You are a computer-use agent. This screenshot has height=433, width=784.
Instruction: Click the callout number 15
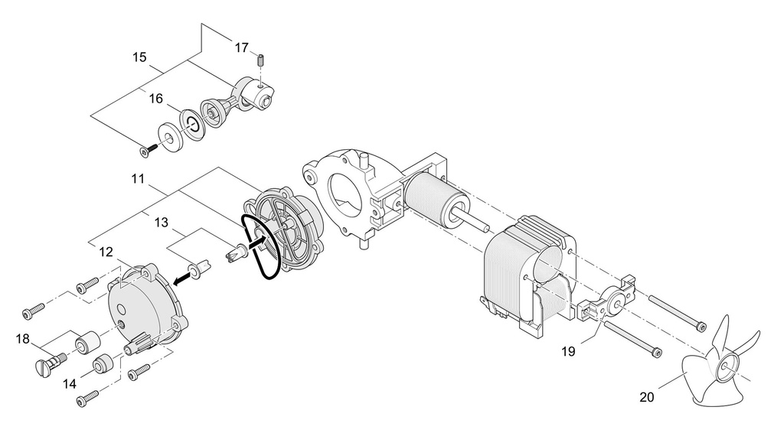139,57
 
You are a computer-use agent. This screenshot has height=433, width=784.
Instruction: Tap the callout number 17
241,47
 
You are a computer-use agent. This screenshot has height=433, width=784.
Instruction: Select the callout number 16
155,99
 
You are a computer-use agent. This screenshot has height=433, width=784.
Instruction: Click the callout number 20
648,396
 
